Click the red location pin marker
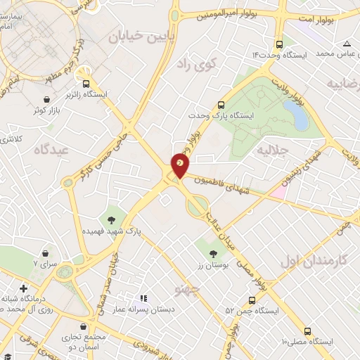[180, 165]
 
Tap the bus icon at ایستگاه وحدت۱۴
[281, 43]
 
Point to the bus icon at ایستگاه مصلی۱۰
[307, 330]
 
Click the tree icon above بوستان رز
[212, 252]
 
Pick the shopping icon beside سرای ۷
[46, 253]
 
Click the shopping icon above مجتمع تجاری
[84, 327]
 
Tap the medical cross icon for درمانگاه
[24, 288]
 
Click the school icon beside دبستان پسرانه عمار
[145, 299]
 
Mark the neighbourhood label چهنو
[187, 288]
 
